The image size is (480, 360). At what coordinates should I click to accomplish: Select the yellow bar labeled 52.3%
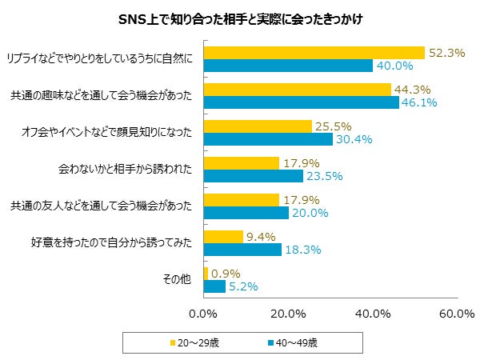[x=314, y=53]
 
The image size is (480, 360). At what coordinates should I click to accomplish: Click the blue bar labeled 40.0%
[x=289, y=66]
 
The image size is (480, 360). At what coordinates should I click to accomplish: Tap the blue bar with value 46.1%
[x=302, y=102]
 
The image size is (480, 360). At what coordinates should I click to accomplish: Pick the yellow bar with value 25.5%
[x=258, y=126]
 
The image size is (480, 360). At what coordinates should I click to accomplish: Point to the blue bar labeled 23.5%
[x=254, y=176]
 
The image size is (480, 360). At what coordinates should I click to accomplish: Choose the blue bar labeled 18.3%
[x=243, y=250]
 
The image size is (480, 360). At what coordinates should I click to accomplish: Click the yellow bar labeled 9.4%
[x=224, y=237]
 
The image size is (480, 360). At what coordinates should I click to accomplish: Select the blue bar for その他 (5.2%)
[x=215, y=286]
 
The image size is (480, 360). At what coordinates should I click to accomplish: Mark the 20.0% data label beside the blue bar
[x=309, y=213]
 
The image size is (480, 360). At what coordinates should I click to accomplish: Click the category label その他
[x=178, y=280]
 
